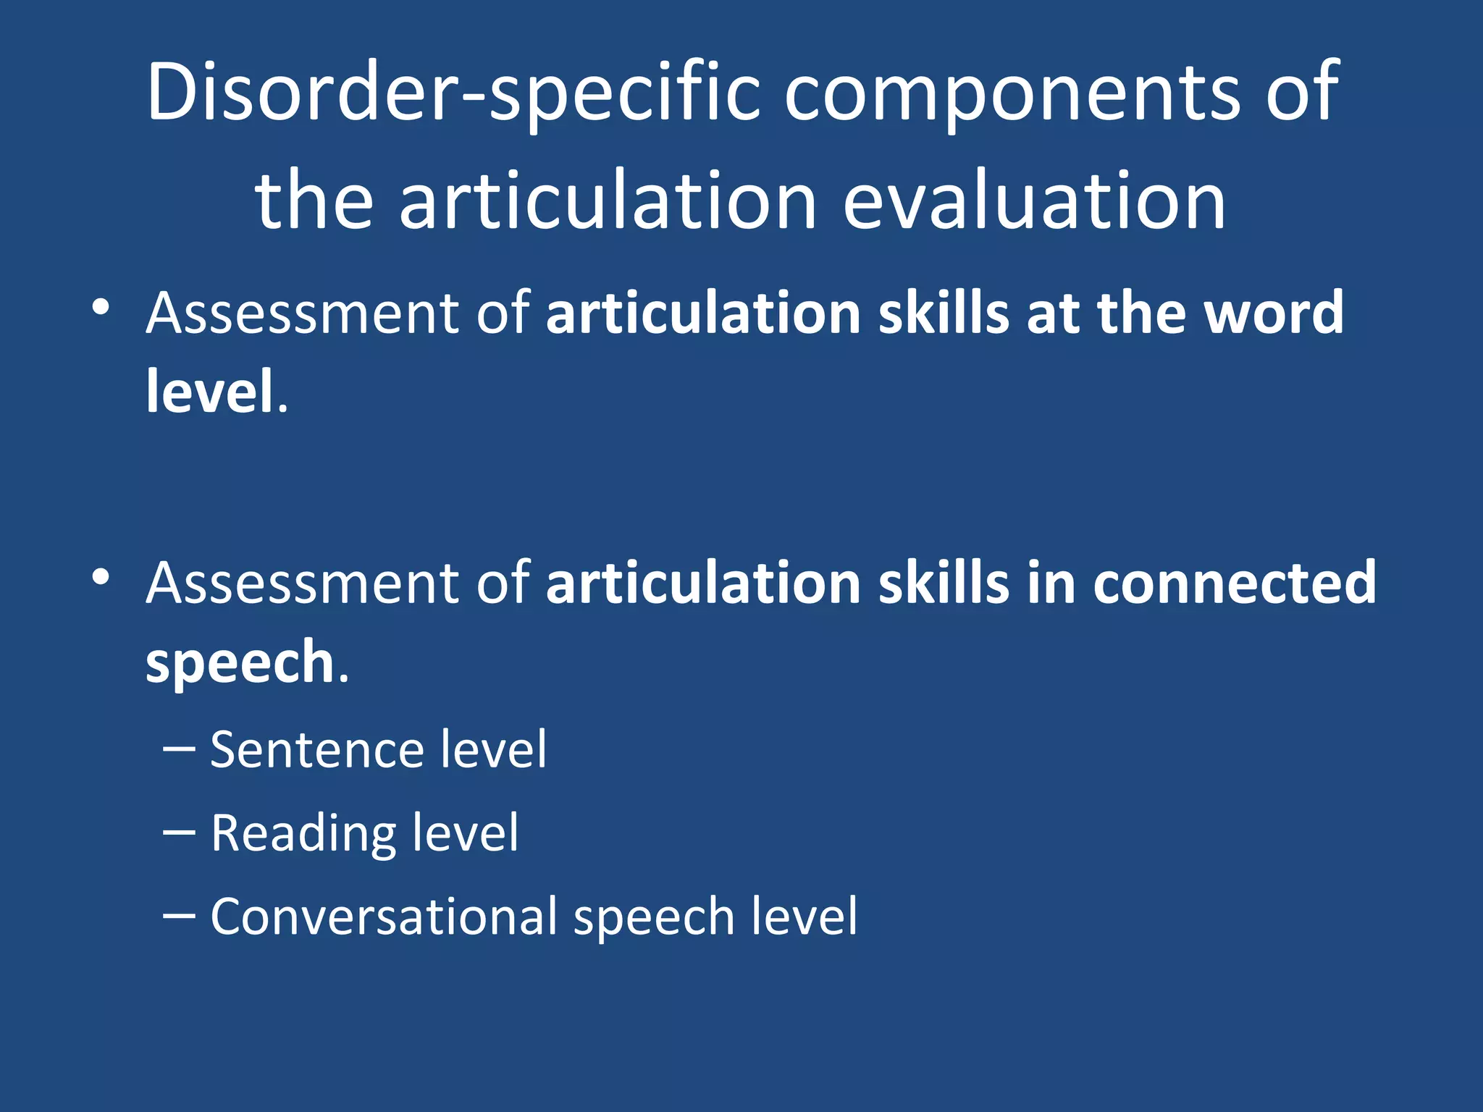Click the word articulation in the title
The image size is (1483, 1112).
[x=608, y=201]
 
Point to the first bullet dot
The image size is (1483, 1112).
[x=101, y=307]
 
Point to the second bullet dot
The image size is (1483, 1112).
[x=101, y=577]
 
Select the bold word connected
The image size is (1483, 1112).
[x=1234, y=584]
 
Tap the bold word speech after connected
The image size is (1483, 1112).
[x=239, y=662]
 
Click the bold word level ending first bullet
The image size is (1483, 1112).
[x=210, y=392]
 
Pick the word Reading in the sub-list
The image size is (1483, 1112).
[x=303, y=833]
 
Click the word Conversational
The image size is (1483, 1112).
[x=384, y=917]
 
